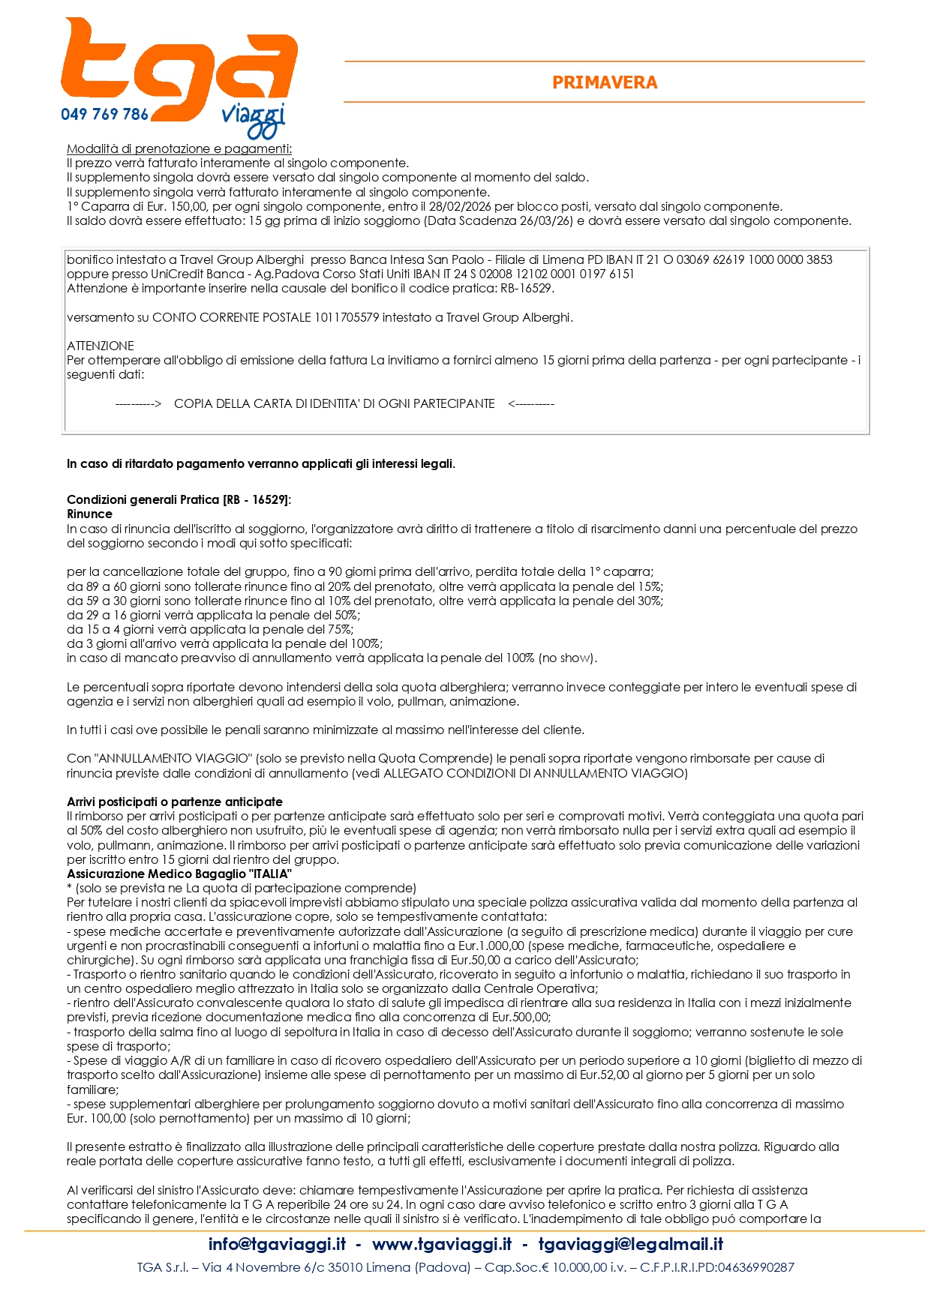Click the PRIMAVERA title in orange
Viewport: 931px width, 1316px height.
click(605, 82)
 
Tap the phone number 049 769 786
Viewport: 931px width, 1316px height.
click(104, 115)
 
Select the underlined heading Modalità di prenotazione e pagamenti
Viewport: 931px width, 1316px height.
click(179, 148)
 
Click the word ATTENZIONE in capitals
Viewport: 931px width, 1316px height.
click(101, 346)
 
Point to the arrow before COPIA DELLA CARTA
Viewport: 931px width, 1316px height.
click(139, 403)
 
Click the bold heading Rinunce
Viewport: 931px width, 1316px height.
click(89, 514)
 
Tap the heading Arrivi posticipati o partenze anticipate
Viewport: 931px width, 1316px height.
click(175, 802)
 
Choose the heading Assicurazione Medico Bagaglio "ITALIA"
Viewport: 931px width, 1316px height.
click(179, 874)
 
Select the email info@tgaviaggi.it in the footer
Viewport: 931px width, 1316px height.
click(277, 1244)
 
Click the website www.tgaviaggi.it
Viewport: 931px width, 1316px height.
click(442, 1244)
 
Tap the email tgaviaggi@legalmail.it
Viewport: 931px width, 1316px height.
click(630, 1244)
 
